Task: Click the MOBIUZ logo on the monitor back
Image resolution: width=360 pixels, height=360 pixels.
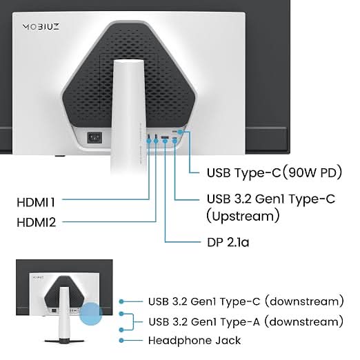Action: (41, 27)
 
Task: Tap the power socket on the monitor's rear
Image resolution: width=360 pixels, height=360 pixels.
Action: (94, 138)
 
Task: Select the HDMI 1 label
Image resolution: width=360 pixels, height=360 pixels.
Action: (36, 203)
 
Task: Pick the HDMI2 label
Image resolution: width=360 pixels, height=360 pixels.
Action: (37, 222)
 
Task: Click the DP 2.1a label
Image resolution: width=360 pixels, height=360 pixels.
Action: (228, 242)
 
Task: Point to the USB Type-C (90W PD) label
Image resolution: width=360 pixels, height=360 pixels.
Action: (274, 172)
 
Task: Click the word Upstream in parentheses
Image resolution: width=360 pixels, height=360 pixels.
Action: (243, 216)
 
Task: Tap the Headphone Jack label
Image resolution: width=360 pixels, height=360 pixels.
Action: (194, 341)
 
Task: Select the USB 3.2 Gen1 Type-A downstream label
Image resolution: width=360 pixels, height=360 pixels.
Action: (246, 321)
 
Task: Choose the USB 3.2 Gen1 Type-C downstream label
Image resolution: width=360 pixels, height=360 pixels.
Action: (246, 301)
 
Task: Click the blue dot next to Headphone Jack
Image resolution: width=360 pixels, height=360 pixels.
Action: (121, 341)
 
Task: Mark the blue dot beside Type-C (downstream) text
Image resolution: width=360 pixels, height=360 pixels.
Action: (121, 301)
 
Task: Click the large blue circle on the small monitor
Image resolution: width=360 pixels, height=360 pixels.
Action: (91, 314)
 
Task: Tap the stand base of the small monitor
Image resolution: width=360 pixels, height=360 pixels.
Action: (64, 341)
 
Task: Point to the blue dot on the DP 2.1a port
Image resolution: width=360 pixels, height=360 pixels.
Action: (165, 140)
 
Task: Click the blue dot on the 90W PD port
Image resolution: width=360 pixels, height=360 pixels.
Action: (180, 132)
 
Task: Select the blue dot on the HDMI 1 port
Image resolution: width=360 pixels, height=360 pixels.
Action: (149, 140)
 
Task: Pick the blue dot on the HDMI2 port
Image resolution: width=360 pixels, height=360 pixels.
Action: (156, 140)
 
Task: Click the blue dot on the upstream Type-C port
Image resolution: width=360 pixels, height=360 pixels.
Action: (175, 141)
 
